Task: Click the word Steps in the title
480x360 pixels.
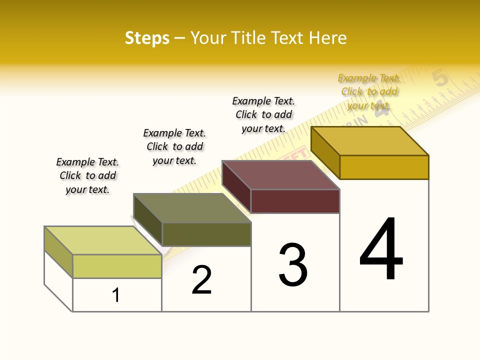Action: point(147,38)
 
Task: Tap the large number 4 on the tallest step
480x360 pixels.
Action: point(381,249)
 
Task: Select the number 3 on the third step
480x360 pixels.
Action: point(293,265)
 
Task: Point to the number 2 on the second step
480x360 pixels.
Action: point(202,280)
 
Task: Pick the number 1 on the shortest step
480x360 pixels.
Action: point(116,295)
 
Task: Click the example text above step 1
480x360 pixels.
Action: point(87,175)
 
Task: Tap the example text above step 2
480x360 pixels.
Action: point(174,146)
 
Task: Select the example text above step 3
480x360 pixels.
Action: point(263,114)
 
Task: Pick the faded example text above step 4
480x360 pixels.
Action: point(369,91)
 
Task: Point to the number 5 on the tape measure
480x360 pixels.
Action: point(440,78)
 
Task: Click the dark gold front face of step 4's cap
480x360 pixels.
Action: point(384,167)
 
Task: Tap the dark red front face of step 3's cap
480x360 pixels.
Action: point(295,201)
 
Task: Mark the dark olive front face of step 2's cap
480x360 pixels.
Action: point(206,234)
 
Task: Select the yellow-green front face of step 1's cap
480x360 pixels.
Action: point(117,266)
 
